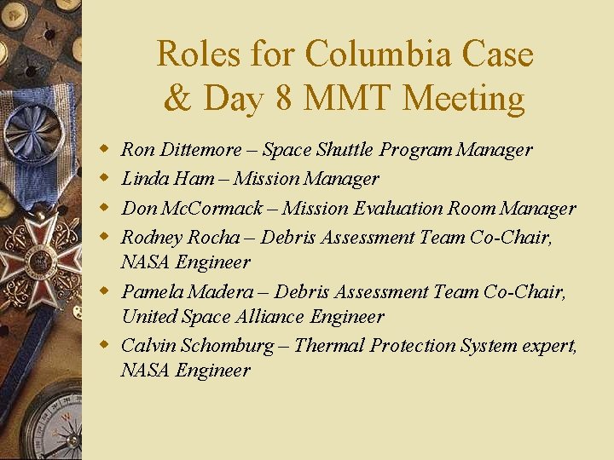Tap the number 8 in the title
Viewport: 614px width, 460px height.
point(284,99)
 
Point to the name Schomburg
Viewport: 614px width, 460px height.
point(228,346)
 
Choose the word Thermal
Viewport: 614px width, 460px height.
point(325,346)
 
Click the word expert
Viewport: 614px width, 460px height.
point(549,346)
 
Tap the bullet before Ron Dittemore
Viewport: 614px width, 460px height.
point(105,151)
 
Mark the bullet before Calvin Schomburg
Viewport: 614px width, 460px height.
point(105,346)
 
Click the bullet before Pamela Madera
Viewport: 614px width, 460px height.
point(105,292)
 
